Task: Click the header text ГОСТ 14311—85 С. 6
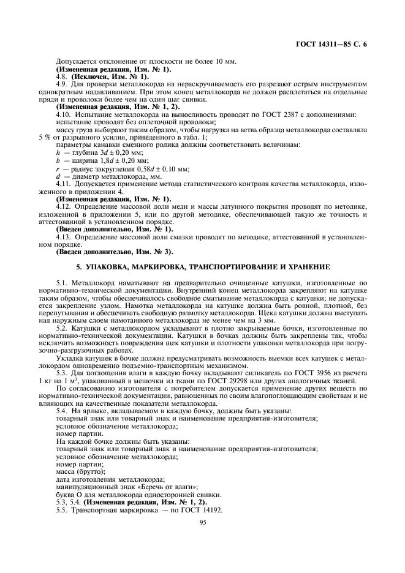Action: pyautogui.click(x=335, y=44)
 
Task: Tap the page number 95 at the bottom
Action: pyautogui.click(x=203, y=522)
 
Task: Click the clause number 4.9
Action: pyautogui.click(x=62, y=83)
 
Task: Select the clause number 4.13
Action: pyautogui.click(x=64, y=236)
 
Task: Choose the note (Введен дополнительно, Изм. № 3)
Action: pyautogui.click(x=115, y=251)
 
